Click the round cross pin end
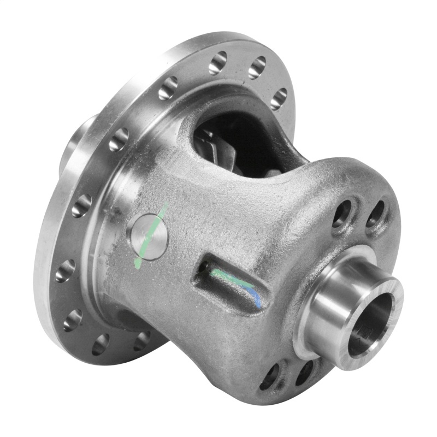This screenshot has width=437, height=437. coord(147,236)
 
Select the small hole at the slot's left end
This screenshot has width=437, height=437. coord(204,267)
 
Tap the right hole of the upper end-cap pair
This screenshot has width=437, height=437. coord(375,214)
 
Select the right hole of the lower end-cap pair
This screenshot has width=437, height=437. coord(304,374)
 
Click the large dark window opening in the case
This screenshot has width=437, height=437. coord(240,142)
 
